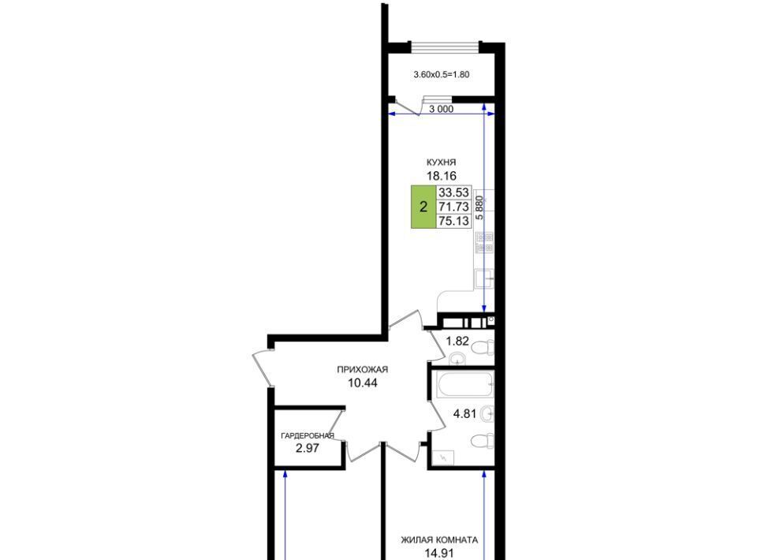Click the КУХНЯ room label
coord(441,162)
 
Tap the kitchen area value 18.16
coord(442,176)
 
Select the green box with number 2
coord(423,207)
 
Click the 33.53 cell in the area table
coord(453,192)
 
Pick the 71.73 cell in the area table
coord(453,207)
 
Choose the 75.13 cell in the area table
coord(453,221)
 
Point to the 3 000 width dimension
coord(442,109)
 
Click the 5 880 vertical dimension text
coord(479,207)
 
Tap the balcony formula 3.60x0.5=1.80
coord(442,74)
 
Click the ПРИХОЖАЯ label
coord(362,370)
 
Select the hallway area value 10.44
coord(362,383)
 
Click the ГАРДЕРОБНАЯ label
coord(308,435)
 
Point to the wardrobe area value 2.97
coord(308,448)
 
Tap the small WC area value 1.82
coord(457,342)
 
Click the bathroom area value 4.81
coord(465,414)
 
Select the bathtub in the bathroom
coord(465,384)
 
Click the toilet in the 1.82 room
coord(483,347)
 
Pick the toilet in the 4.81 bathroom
coord(483,441)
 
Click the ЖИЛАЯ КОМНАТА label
coord(439,539)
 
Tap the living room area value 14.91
coord(439,553)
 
